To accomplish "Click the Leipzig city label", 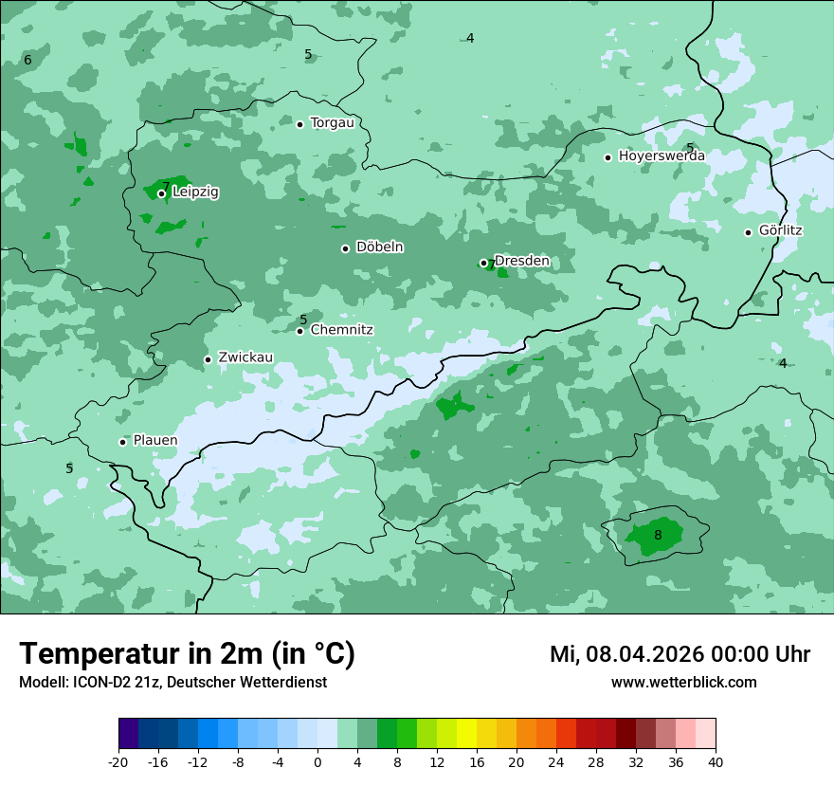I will tap(195, 192).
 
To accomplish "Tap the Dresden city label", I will tap(521, 261).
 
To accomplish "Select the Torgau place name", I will tap(332, 122).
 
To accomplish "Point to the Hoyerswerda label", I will tap(662, 156).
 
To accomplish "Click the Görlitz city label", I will tap(781, 230).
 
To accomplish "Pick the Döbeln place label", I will tap(379, 247).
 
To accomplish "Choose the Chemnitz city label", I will tap(341, 330).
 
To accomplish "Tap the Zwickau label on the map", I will tap(245, 357).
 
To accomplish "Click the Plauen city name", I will tap(154, 440).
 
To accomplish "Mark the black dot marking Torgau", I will tap(299, 124).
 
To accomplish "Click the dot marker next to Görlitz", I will tap(748, 232).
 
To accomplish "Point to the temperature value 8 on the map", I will tap(658, 535).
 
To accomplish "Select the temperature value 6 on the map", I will tap(27, 60).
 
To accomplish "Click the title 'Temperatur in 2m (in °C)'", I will tap(187, 653).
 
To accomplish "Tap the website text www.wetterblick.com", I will tap(683, 682).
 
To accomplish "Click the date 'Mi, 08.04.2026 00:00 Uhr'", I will tap(680, 654).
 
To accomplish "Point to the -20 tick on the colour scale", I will tap(118, 762).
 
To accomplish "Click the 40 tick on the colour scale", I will tap(716, 762).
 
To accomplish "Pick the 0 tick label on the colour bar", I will tap(317, 762).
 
